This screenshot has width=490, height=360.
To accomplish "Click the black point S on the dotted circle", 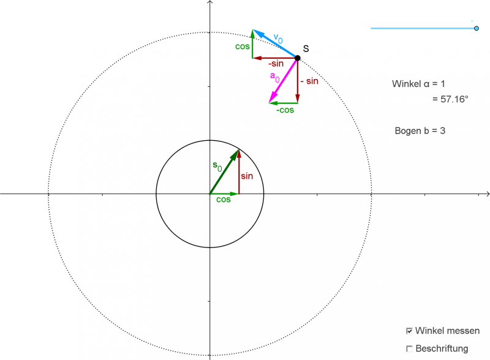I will [x=298, y=58].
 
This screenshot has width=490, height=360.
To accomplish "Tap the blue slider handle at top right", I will [x=477, y=28].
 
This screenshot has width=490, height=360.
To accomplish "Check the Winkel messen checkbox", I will [x=409, y=331].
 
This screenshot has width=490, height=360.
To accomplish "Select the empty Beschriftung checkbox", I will [x=409, y=349].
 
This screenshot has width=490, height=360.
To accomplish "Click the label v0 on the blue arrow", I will [x=278, y=39].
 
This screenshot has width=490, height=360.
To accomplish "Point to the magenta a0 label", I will [x=275, y=77].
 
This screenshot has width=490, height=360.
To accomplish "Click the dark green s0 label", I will [x=217, y=165].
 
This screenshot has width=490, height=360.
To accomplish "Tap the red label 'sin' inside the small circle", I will [x=246, y=176].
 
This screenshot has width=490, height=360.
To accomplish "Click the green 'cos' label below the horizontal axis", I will [x=224, y=200].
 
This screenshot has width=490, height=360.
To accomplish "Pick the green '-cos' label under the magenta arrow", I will [x=285, y=110].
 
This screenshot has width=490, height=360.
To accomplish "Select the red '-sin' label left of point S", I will [x=275, y=64].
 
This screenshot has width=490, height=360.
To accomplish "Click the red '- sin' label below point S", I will [x=309, y=81].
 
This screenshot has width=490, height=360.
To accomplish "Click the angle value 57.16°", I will [x=450, y=98].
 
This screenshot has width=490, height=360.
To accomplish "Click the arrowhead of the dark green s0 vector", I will [x=236, y=152].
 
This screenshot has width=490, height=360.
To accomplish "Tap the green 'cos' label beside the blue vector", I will [x=242, y=46].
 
